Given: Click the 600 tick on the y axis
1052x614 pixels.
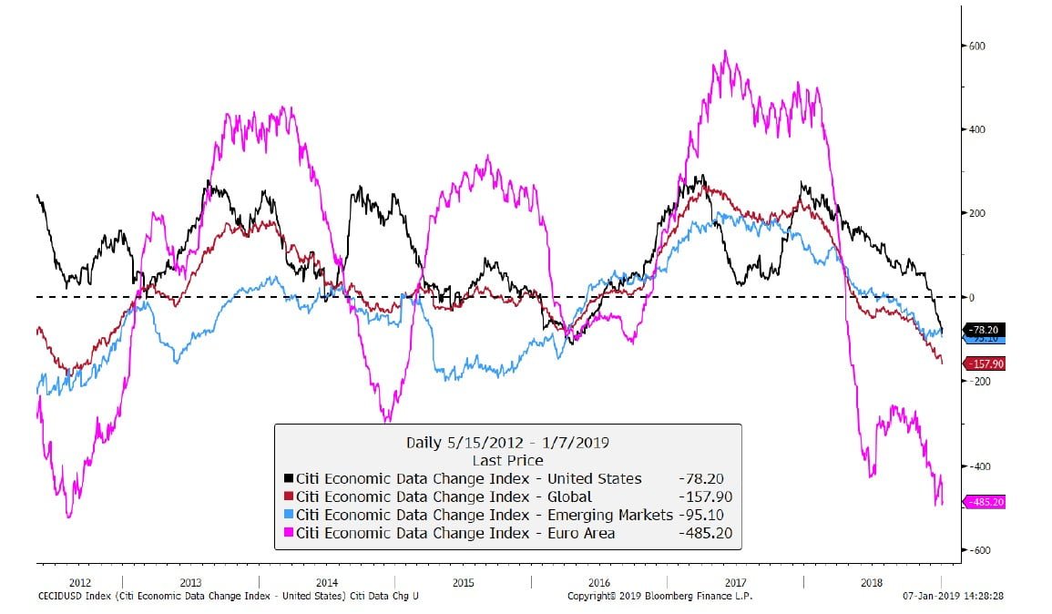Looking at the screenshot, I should [x=978, y=46].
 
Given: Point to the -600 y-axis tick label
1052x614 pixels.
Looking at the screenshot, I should [x=977, y=550].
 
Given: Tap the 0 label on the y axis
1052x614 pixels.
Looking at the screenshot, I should [x=972, y=298].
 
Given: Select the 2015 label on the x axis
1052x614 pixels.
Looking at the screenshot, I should [x=463, y=581].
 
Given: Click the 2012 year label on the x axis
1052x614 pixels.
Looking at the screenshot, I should [x=79, y=581].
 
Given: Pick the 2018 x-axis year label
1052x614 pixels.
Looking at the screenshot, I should [x=872, y=581].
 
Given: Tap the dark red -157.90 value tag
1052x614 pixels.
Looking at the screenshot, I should [x=986, y=363].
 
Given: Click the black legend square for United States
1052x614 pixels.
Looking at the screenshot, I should [x=289, y=478].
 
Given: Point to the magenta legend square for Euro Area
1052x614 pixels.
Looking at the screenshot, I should [x=289, y=533].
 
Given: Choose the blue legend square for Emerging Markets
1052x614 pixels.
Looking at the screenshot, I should [x=289, y=515].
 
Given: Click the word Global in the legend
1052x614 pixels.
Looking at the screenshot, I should [x=564, y=496].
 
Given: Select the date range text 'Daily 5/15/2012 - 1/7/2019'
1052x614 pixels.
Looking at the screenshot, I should [x=507, y=443].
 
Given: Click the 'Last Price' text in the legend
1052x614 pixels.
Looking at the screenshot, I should [x=507, y=460].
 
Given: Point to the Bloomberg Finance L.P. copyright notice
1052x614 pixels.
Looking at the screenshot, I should [x=659, y=596].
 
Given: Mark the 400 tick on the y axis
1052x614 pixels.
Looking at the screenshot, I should [x=978, y=129].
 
